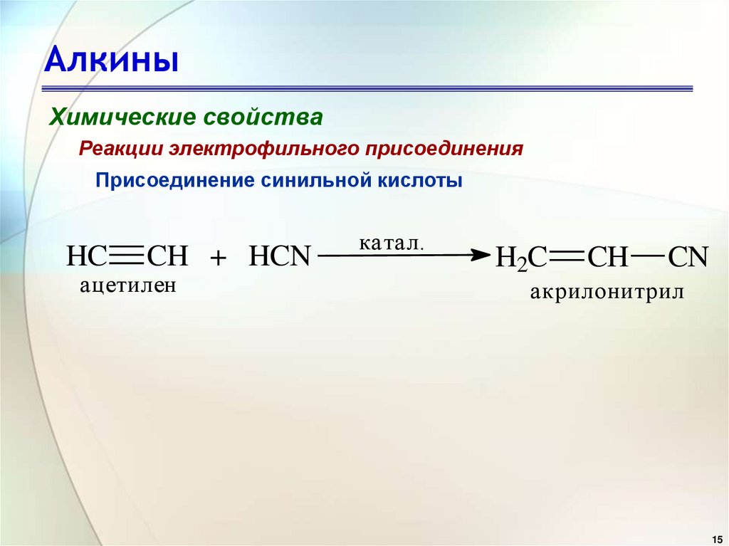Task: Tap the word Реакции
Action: tap(121, 149)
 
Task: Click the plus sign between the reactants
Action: tap(218, 257)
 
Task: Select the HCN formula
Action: tap(280, 256)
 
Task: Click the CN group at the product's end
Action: tap(688, 256)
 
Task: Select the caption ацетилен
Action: tap(127, 285)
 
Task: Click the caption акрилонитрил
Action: tap(606, 292)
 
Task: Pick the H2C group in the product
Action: tap(520, 257)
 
